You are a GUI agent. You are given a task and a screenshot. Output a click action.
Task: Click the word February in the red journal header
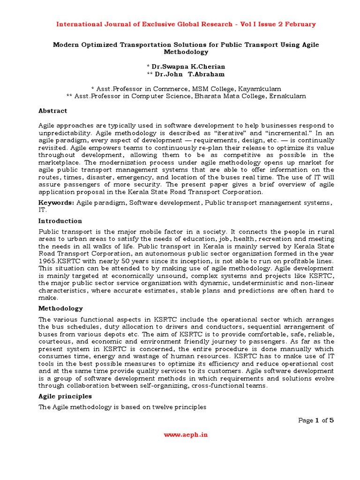(x=299, y=24)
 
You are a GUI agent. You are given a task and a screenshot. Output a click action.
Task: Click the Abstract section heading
(x=52, y=111)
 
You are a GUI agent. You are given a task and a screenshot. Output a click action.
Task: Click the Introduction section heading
(x=60, y=221)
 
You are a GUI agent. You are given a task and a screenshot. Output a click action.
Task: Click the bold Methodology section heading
(x=60, y=308)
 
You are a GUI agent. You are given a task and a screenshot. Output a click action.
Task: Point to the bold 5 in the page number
(x=331, y=420)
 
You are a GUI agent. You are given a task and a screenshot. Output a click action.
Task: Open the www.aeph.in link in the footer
(x=186, y=435)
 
